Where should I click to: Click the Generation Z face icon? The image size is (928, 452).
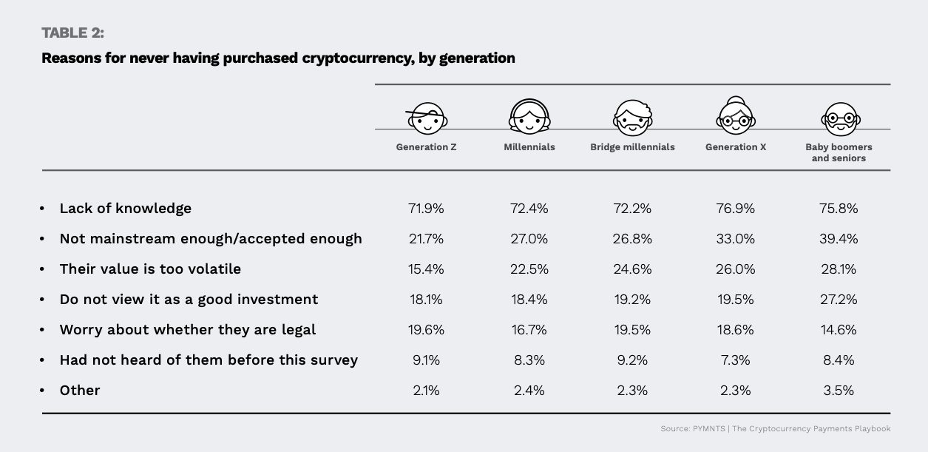(427, 118)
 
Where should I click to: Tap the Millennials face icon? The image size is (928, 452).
(529, 116)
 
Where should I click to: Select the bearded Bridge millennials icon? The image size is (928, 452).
(633, 118)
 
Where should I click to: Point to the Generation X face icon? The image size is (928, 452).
(736, 115)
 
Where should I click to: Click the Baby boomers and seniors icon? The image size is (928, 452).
(841, 119)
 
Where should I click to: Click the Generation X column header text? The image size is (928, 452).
(736, 147)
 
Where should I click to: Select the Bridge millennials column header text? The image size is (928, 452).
(633, 147)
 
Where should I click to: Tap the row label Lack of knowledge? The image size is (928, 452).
(126, 208)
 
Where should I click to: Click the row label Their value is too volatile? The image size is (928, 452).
(150, 269)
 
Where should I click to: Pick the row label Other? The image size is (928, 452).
(80, 391)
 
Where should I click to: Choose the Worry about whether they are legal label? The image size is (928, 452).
(188, 330)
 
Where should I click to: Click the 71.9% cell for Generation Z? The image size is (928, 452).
(426, 209)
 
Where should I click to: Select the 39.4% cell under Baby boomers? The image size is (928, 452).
(839, 239)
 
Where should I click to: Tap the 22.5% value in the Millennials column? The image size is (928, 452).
(529, 269)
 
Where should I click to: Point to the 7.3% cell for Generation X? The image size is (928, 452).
(735, 360)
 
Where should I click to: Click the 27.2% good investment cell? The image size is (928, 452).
(839, 300)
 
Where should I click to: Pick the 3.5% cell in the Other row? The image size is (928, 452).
(839, 391)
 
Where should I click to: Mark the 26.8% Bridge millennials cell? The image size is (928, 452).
(632, 239)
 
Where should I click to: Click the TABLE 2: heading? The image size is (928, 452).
(73, 33)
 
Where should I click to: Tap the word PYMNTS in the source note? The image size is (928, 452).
(709, 429)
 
